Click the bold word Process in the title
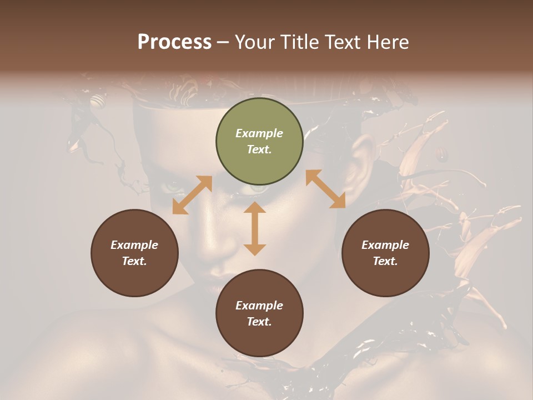tap(174, 42)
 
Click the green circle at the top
tap(259, 142)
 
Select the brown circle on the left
tap(134, 253)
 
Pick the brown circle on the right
tap(385, 253)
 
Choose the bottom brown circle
tap(259, 313)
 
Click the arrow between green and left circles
tap(192, 195)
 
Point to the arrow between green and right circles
tap(325, 189)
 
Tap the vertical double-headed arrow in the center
tap(255, 229)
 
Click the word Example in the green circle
tap(259, 133)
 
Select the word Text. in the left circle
tap(134, 261)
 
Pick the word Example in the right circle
tap(385, 245)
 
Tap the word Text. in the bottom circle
tap(259, 322)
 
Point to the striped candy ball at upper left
tap(98, 101)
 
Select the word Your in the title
tap(253, 42)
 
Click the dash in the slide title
tap(223, 42)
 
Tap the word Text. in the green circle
tap(259, 149)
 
